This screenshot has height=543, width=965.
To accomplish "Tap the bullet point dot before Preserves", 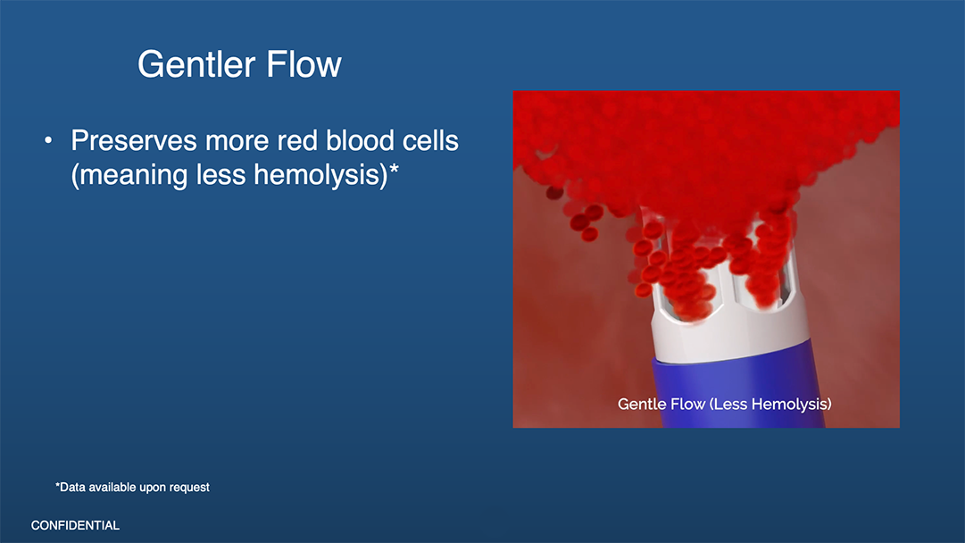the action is (48, 141).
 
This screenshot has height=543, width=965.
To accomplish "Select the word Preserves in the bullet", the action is (134, 141).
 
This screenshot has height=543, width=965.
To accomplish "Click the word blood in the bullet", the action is (360, 141).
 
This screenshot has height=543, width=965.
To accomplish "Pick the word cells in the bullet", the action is (430, 141).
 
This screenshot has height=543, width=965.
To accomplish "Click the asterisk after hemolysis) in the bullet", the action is (395, 168).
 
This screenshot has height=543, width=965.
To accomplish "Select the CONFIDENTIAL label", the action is (75, 526).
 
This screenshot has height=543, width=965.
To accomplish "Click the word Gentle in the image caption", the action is (641, 404).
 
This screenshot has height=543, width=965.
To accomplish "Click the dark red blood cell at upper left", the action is (554, 193).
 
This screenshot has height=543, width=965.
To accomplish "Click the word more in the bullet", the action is (237, 142).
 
